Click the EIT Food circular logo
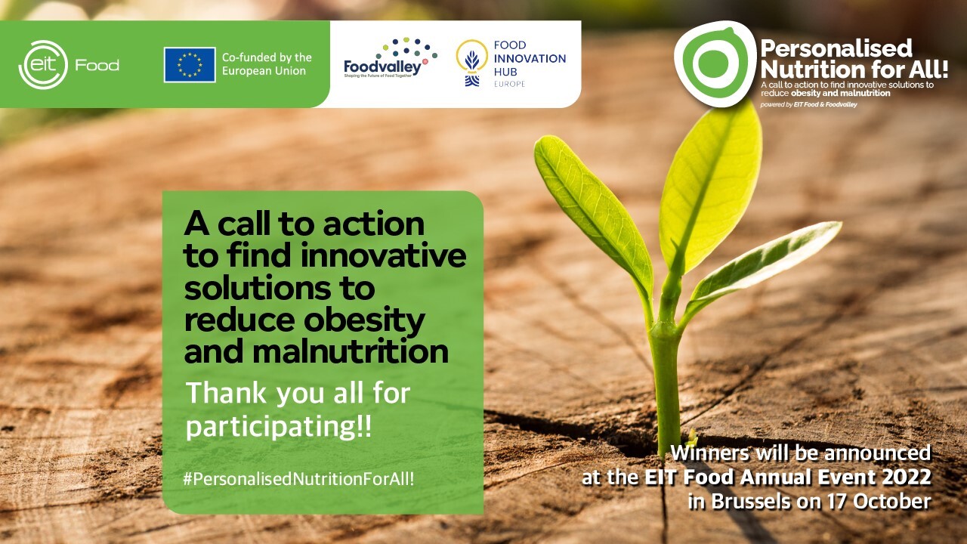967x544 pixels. [x=43, y=65]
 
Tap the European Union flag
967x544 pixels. [x=190, y=65]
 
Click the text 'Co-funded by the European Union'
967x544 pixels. [x=267, y=64]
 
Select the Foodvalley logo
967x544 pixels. [x=391, y=58]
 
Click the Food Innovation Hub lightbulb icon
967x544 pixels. [x=472, y=63]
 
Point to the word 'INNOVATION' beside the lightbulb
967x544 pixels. [x=530, y=58]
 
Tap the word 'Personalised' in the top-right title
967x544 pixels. [x=836, y=48]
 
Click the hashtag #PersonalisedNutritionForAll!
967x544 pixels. [x=298, y=479]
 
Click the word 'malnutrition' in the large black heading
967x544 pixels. [x=350, y=352]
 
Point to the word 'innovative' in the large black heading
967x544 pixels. [x=383, y=255]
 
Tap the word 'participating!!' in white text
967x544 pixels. [x=279, y=428]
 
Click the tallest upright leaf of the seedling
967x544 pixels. [x=712, y=186]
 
